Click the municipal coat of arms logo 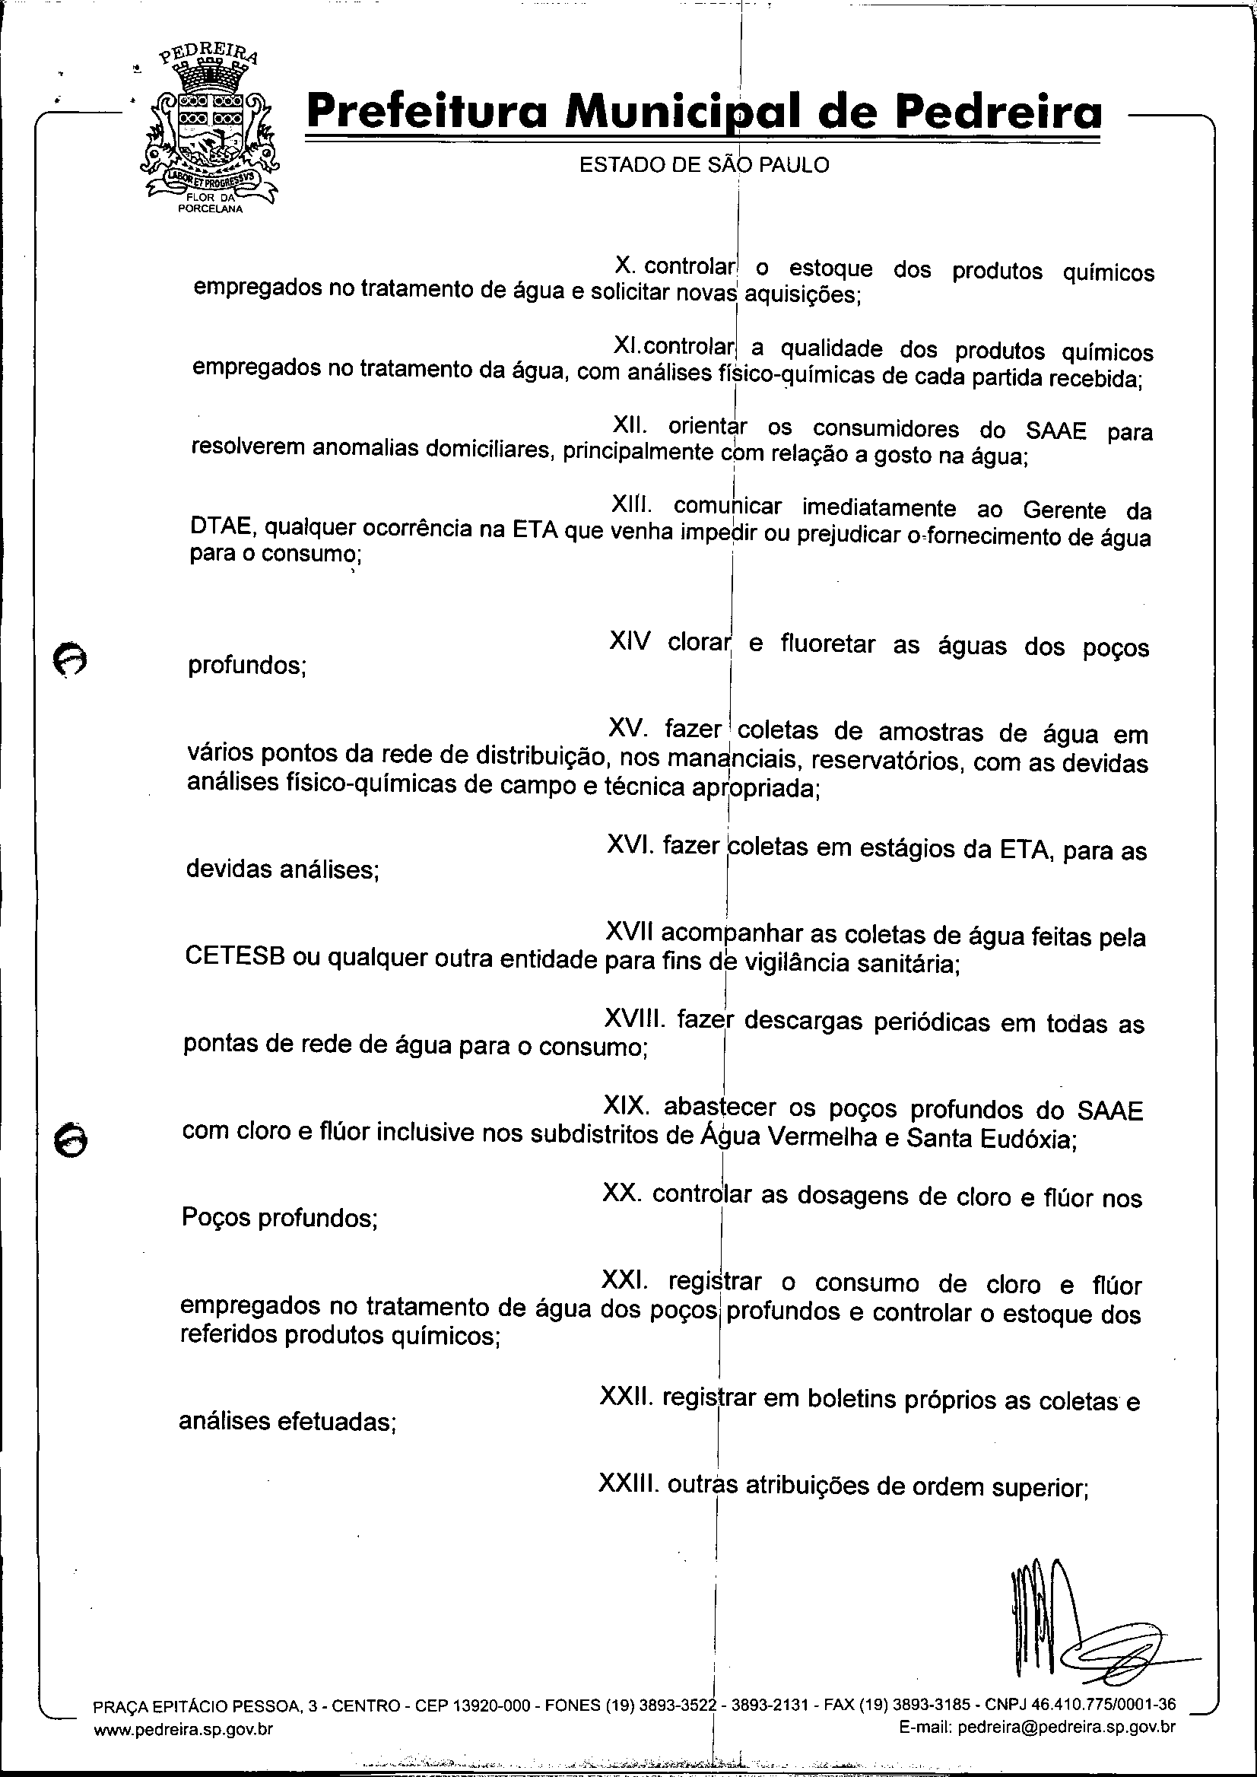[209, 128]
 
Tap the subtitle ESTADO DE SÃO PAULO [703, 165]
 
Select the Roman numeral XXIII [628, 1484]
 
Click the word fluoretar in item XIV [827, 644]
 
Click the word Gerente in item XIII [1064, 510]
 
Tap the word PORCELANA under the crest [210, 209]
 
